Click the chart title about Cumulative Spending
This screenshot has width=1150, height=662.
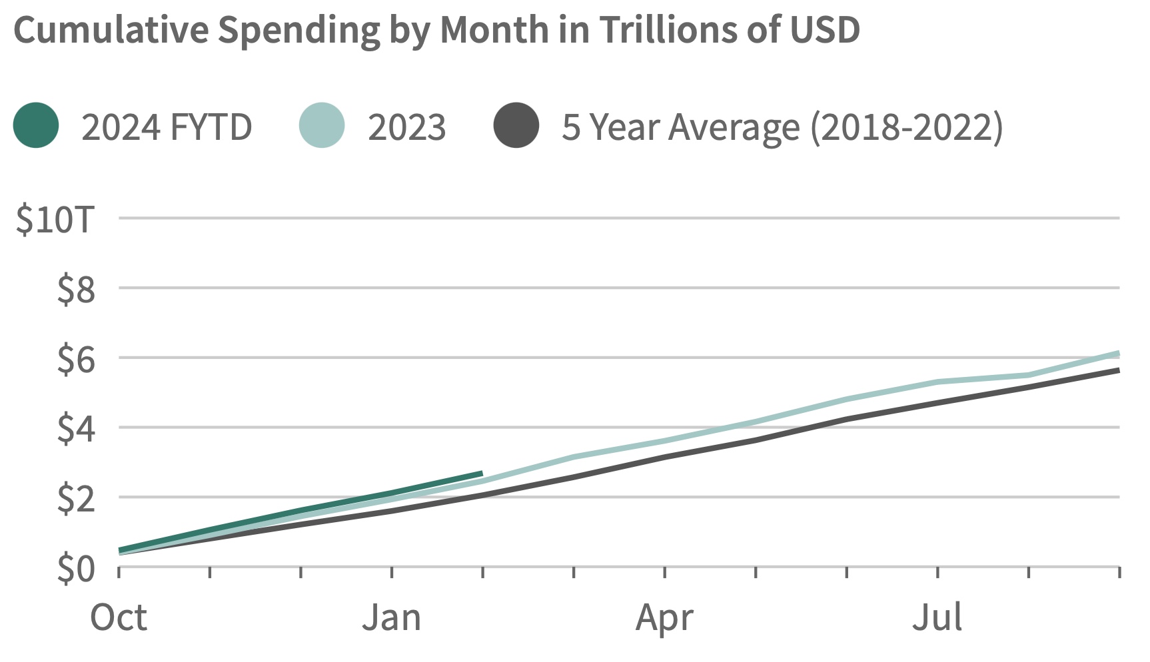(436, 29)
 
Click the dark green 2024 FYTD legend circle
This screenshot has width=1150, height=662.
(36, 126)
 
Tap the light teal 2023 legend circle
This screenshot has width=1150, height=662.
(322, 126)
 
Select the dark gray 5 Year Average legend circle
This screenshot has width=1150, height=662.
(516, 126)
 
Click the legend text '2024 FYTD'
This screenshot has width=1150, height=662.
(167, 127)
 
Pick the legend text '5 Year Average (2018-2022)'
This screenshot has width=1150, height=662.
(782, 127)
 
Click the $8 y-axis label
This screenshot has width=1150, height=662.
(76, 290)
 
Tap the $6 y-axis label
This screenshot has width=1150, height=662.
(76, 360)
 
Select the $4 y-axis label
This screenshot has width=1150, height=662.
(76, 429)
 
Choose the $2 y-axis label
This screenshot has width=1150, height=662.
(76, 499)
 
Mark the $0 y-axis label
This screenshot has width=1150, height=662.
(76, 569)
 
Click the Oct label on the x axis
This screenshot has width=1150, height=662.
(119, 618)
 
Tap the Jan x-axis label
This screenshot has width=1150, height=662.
(392, 618)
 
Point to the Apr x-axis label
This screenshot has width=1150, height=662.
(664, 618)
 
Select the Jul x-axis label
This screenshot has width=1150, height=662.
(937, 618)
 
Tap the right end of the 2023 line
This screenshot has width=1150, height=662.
(1118, 354)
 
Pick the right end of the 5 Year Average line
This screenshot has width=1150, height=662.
(1118, 370)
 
